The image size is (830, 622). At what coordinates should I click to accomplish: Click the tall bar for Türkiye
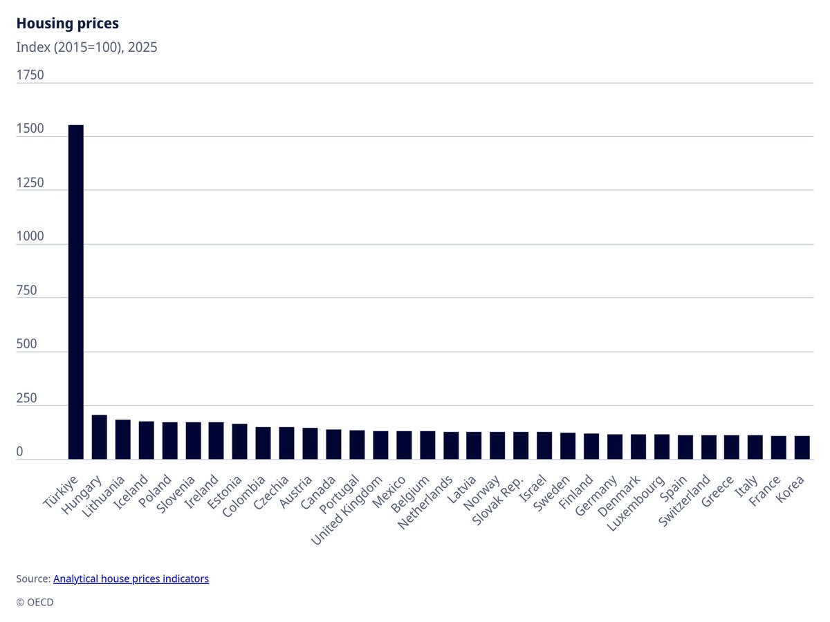coord(76,290)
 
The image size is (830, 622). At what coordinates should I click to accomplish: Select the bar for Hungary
coord(100,437)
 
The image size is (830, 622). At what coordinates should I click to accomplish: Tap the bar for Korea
coord(802,447)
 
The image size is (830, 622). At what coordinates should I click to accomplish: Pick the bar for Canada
coord(333,444)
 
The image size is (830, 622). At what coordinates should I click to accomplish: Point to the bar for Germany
coord(615,446)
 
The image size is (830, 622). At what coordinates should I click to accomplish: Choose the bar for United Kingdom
coord(380,445)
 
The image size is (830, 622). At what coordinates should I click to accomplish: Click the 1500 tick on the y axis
coord(30,129)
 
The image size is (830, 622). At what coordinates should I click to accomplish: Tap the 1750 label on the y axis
coord(30,75)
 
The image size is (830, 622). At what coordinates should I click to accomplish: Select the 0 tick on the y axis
coord(20,452)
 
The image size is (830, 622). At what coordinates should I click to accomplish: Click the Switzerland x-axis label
coord(685,500)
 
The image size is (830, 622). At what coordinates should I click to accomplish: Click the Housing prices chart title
coord(67,23)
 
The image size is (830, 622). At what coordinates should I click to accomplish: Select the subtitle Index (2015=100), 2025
coord(87,48)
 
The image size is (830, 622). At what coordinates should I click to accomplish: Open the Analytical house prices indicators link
coord(131,578)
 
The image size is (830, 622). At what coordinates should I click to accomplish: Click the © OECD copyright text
coord(35,602)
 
